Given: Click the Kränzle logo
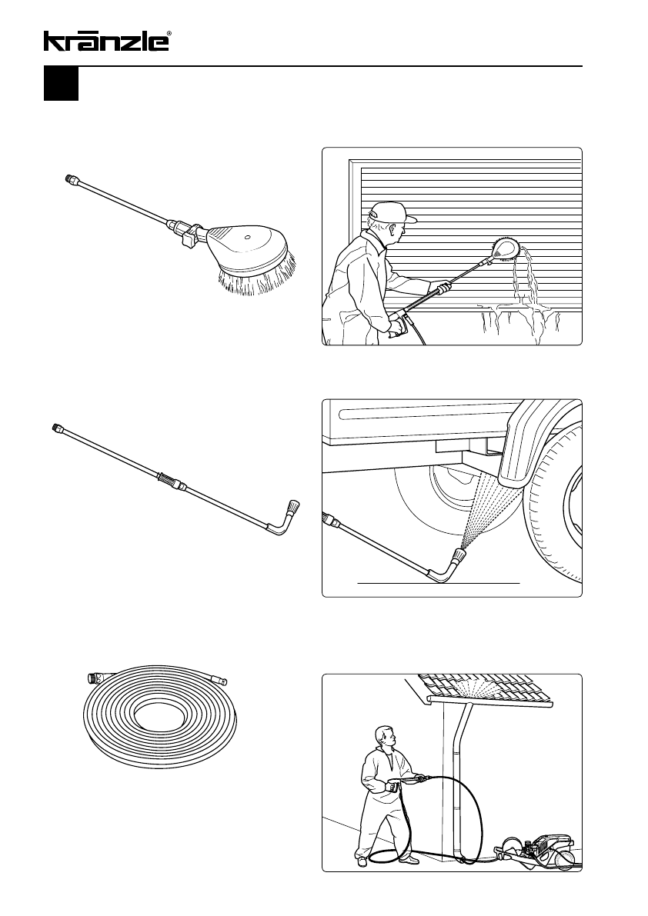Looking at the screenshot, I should [106, 41].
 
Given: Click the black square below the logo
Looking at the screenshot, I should [61, 84].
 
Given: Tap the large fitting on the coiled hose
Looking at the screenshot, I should [92, 678].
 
